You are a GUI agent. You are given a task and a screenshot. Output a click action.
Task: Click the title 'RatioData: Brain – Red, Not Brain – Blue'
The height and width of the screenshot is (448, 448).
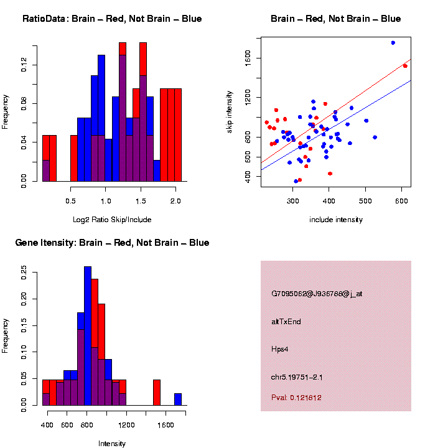point(112,19)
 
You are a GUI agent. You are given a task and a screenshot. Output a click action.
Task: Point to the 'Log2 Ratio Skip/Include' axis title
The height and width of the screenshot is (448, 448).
point(112,219)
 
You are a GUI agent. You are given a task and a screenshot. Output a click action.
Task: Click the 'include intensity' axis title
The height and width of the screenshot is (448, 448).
point(335,219)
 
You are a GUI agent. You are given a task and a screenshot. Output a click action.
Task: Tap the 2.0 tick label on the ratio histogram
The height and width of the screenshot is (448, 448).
point(175,201)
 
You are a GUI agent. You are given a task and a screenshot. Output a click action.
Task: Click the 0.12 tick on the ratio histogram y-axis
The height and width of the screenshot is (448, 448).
point(24,65)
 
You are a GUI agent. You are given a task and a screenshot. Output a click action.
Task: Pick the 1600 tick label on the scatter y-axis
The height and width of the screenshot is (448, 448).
point(248,58)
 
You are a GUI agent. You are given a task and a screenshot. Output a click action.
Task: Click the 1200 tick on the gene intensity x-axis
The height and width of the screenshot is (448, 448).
point(126,425)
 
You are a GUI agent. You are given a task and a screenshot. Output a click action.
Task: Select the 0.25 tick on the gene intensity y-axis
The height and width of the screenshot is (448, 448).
point(24,272)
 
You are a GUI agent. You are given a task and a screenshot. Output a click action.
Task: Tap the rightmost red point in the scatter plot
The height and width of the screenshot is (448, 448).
point(405,66)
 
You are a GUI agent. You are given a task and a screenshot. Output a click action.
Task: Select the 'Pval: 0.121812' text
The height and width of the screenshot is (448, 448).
point(296,398)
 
